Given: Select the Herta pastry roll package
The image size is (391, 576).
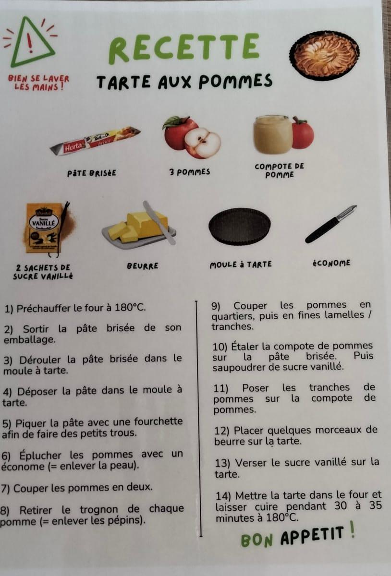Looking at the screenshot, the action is coord(95,141).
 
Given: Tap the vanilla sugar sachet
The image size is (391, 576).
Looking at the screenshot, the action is coord(44,228).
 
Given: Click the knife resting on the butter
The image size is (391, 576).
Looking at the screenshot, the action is coord(159,222).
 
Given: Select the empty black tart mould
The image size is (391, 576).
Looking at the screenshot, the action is coord(239,226).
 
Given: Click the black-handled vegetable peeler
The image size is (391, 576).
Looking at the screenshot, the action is coord(331,224).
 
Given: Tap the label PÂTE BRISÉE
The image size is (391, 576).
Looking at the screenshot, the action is coord(92,173).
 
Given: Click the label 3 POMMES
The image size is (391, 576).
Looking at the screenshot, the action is coord(190,172).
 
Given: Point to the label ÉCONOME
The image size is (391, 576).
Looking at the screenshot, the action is coord(331,263).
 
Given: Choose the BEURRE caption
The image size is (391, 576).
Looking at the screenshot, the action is coord(142,265).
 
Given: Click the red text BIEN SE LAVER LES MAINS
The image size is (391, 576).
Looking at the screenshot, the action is coord(38,83).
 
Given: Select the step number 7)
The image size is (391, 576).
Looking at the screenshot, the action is coord(5,489).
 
